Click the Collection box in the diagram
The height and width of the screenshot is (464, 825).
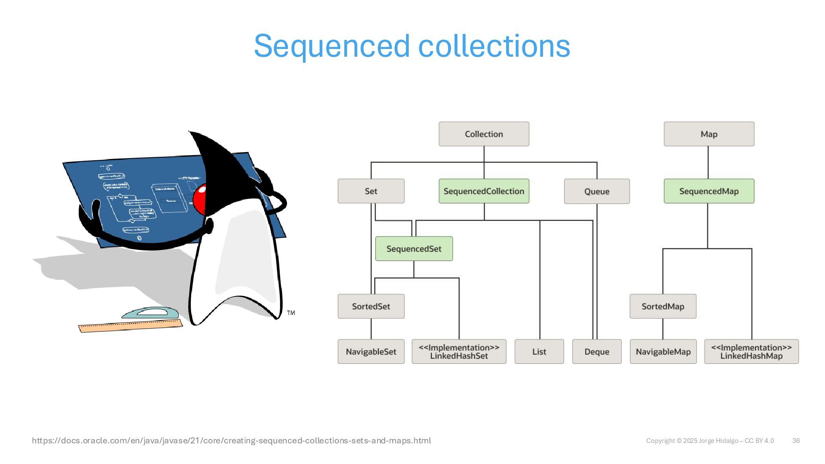coord(484,134)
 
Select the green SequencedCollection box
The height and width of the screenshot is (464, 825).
coord(484,191)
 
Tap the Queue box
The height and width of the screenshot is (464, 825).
coord(597,191)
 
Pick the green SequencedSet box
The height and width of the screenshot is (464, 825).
coord(414,249)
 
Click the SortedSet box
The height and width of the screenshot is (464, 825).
coord(371,306)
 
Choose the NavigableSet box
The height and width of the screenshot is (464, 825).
coord(371,351)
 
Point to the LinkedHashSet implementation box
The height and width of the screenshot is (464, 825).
coord(459,351)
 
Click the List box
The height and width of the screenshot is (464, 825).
coord(539,351)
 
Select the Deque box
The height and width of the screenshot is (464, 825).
coord(597,351)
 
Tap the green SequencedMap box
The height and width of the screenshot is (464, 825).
coord(709,191)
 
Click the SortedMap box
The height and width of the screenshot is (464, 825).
coord(663,306)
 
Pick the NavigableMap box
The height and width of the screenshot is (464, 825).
coord(663,351)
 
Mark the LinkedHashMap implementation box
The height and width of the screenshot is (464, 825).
coord(752,351)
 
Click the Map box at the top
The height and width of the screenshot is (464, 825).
coord(709,134)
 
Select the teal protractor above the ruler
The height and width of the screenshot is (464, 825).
coord(150,313)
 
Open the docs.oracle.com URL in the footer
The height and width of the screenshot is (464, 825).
coord(231,440)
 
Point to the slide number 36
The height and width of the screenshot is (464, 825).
coord(796,441)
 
